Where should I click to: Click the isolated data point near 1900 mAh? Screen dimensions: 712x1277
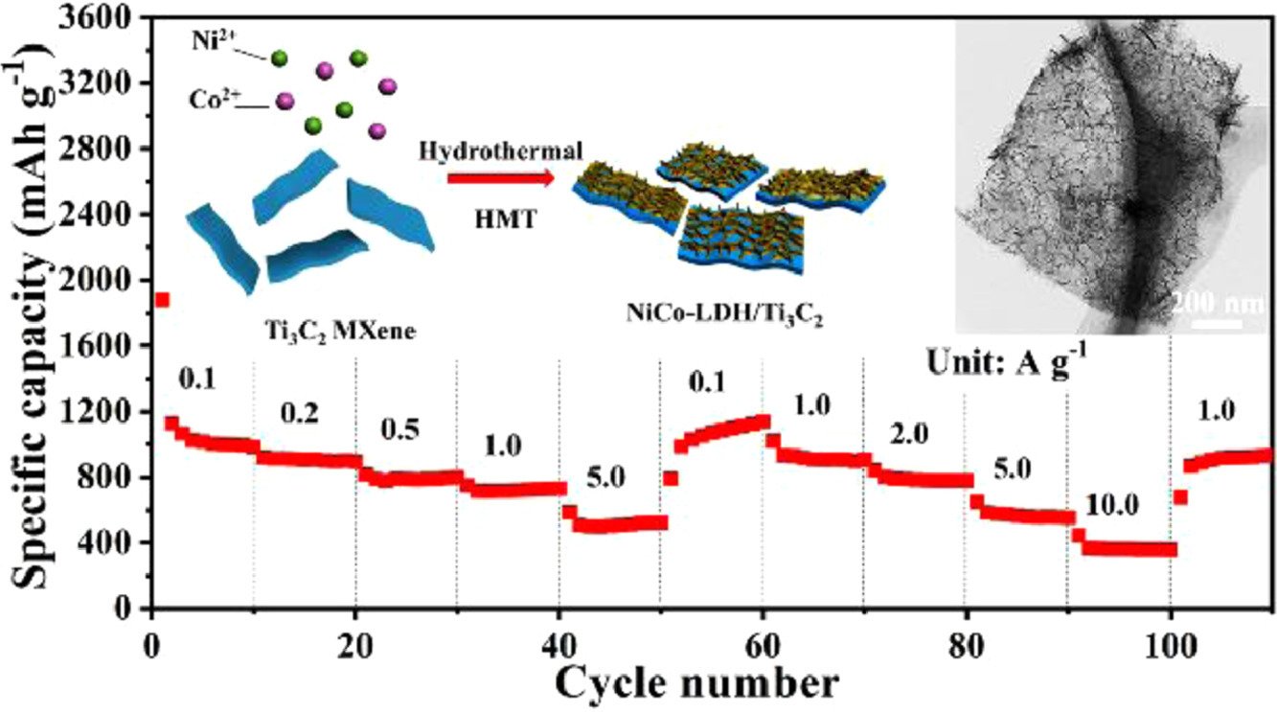pyautogui.click(x=162, y=300)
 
